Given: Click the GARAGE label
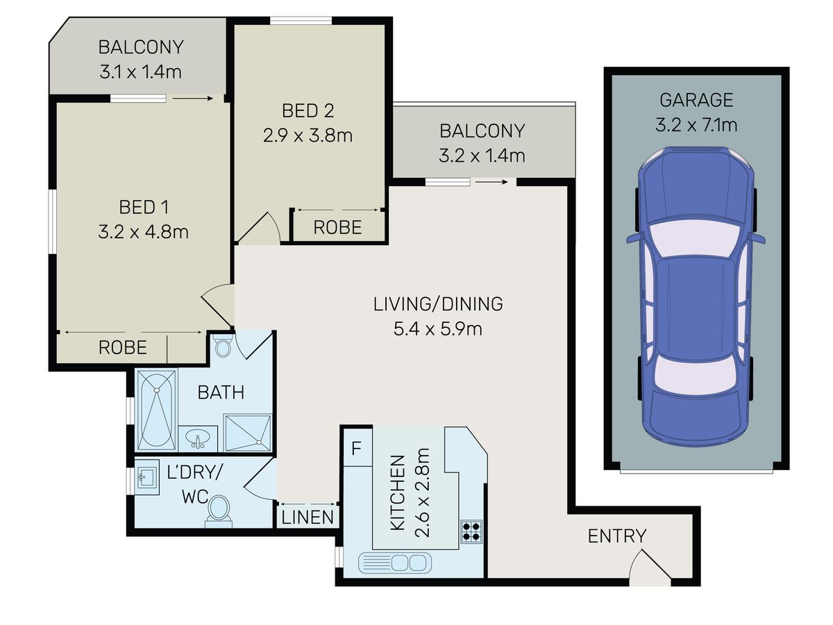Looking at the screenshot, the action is point(696,100).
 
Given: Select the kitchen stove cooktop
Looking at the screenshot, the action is point(471,531).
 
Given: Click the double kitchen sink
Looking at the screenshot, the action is point(395,562).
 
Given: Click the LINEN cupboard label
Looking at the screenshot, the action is point(308,517).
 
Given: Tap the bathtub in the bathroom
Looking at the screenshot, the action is point(157,410).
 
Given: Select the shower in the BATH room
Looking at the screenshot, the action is point(248,433).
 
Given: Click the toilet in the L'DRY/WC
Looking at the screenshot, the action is point(219,511).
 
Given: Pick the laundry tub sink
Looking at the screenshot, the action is point(147,477).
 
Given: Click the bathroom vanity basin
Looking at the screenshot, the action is point(198,439).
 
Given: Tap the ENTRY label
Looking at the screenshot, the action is point(616,536).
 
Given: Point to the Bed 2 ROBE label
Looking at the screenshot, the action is point(337,227).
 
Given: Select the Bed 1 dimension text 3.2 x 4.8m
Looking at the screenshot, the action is point(143,232).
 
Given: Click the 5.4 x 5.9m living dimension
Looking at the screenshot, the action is point(437,329).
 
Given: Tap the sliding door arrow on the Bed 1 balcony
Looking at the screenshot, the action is point(192,99).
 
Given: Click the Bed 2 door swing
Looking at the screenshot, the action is point(262,228).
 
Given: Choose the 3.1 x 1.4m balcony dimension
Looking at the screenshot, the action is point(140,72).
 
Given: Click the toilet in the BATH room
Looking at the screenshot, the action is point(223,345).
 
